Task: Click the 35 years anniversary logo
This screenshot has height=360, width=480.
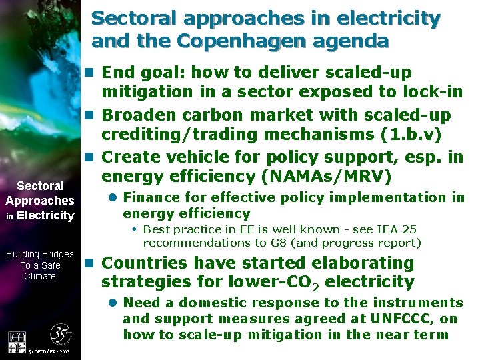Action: [x=61, y=334]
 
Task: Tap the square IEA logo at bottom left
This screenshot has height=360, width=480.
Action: [x=17, y=341]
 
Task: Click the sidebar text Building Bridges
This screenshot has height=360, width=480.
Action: [x=39, y=254]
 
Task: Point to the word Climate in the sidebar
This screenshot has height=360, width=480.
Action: [x=39, y=276]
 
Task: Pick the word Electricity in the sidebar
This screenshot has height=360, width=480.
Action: [x=45, y=215]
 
